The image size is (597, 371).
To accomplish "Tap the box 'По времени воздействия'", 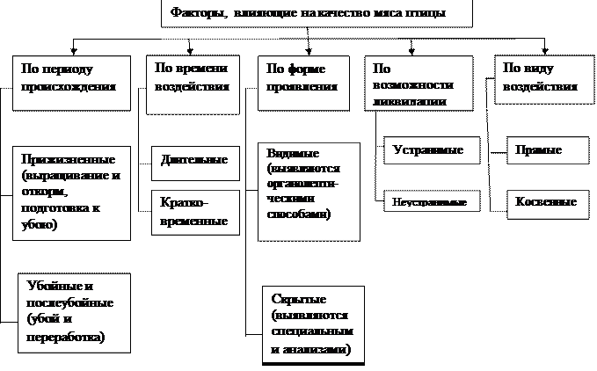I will pos(192,84).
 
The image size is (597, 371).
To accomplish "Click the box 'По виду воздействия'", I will pos(539,80).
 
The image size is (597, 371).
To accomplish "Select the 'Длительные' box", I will pos(194,160).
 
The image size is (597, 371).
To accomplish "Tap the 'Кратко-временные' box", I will pos(194,212).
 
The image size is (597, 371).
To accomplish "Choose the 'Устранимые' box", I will pos(435,150).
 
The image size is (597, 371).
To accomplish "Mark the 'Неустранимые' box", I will pos(435,203).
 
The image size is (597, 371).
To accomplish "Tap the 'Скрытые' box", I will pos(312,322).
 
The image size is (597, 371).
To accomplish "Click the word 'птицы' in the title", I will pos(431,13).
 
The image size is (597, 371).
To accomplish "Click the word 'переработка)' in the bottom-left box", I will pos(66,337).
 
